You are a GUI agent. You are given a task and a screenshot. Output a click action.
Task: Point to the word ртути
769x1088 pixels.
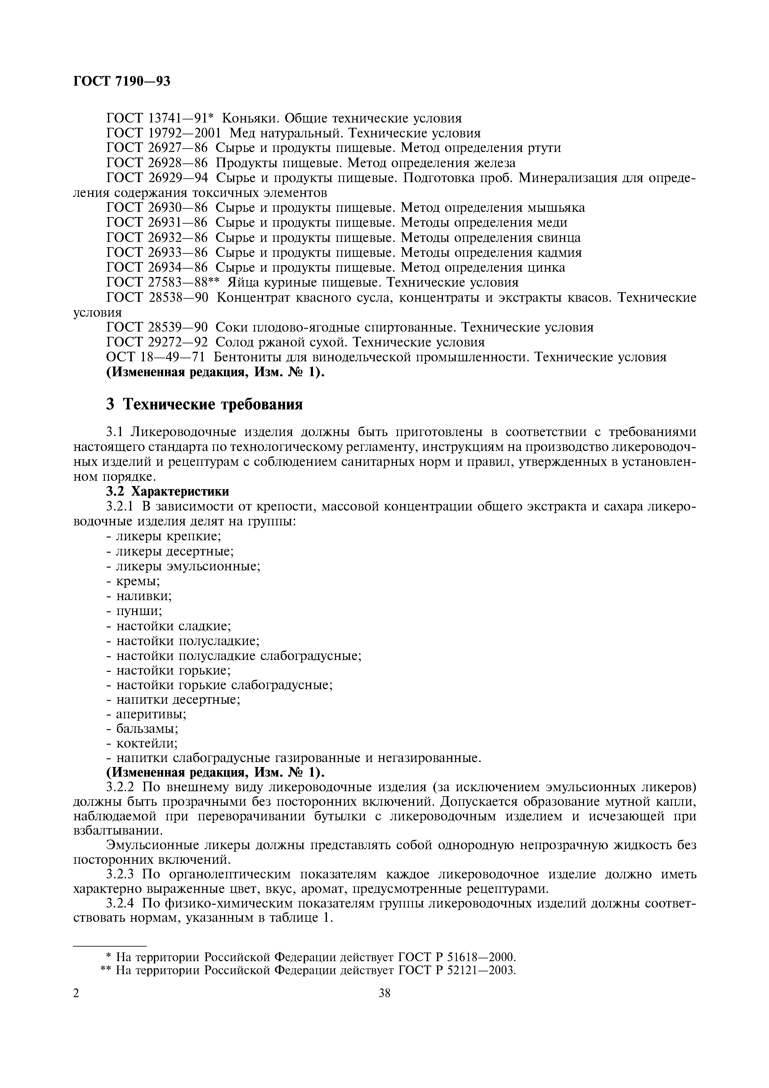[544, 148]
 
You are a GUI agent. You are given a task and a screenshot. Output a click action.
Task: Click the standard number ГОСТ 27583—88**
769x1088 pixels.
[164, 283]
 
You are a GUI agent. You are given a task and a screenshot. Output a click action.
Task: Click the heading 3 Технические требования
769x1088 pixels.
[204, 404]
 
